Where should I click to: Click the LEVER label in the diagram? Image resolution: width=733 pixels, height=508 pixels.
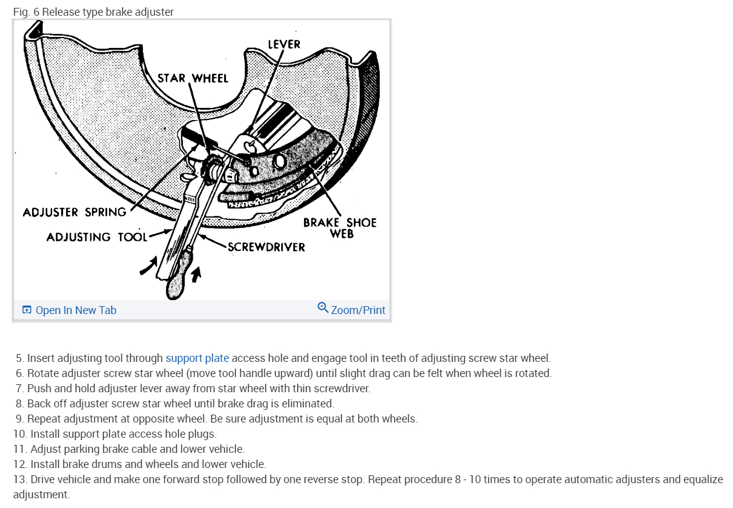tap(284, 44)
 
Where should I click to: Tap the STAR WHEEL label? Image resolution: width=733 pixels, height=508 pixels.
tap(193, 78)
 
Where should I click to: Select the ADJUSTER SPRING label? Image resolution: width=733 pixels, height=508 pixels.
tap(75, 212)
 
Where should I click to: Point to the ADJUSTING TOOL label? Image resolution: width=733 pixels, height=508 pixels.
tap(97, 237)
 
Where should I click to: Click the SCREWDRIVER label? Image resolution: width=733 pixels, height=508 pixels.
tap(266, 247)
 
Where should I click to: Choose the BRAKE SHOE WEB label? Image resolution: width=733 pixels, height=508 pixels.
tap(340, 228)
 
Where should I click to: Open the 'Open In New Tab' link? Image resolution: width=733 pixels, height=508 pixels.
tap(76, 310)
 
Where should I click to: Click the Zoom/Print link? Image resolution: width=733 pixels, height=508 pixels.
tap(358, 310)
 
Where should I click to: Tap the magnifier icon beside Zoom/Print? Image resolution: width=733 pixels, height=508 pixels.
tap(323, 308)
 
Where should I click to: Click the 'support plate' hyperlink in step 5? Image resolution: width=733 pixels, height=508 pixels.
tap(197, 358)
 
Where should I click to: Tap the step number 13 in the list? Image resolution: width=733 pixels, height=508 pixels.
tap(19, 480)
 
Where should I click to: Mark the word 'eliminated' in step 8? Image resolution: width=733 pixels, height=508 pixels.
tap(308, 404)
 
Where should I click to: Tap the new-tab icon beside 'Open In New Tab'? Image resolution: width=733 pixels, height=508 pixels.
tap(27, 310)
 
